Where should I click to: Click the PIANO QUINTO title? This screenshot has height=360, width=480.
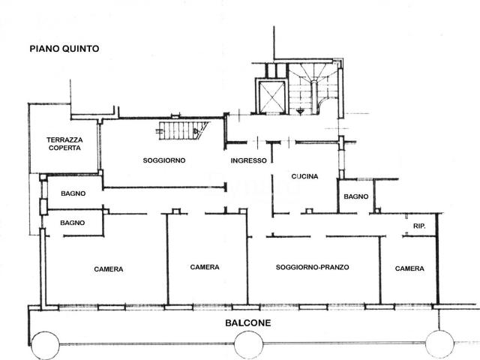64,49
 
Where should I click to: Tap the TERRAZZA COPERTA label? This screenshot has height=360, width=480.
64,144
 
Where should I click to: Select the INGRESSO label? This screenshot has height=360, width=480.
248,160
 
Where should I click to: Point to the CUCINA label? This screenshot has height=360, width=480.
304,176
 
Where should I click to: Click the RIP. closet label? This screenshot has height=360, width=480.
419,226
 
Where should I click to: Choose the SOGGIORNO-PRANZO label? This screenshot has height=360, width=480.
312,267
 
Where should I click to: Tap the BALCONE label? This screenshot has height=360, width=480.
248,323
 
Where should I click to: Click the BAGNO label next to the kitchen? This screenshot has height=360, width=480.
356,196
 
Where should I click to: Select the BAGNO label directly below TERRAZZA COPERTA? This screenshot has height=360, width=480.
73,193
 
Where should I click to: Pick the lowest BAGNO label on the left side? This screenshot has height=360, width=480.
73,223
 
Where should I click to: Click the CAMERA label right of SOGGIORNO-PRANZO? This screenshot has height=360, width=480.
409,268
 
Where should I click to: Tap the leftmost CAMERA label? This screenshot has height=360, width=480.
109,269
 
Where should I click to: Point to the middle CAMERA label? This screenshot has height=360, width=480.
205,267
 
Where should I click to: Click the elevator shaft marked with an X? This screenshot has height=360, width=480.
272,97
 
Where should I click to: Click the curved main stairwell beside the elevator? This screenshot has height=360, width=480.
313,88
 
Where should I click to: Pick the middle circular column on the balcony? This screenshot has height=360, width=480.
248,345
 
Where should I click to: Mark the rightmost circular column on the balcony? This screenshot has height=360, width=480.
439,344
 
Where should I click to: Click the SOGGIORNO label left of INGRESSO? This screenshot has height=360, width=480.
164,160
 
